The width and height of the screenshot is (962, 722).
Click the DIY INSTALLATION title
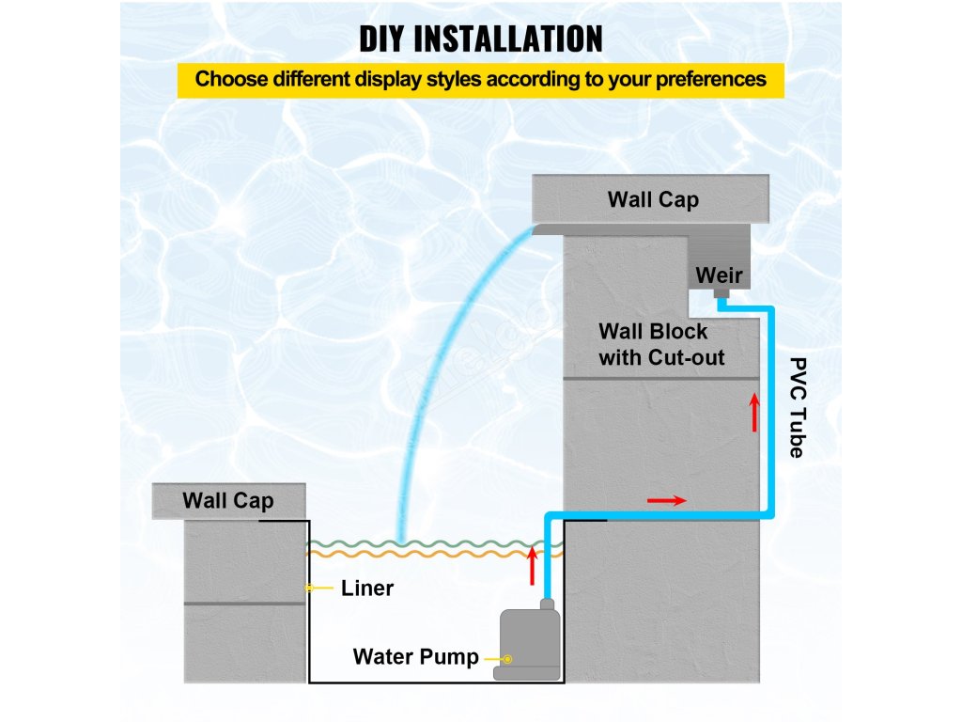click(480, 39)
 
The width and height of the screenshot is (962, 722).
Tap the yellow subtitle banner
click(480, 79)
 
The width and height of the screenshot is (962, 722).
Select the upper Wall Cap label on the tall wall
click(653, 199)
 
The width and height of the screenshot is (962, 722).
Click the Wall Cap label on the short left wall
click(228, 500)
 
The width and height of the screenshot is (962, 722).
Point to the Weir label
click(719, 275)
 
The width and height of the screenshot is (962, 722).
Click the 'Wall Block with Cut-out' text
click(661, 344)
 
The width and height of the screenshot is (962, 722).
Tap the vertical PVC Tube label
click(797, 407)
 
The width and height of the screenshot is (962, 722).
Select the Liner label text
click(367, 589)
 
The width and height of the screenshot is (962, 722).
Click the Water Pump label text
click(415, 656)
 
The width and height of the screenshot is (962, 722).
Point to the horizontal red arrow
click(667, 500)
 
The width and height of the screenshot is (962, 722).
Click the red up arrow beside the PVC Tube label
click(753, 412)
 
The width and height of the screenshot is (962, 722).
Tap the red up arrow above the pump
click(533, 564)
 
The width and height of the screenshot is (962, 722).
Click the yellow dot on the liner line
click(308, 589)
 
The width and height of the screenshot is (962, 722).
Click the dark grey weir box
click(719, 254)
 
